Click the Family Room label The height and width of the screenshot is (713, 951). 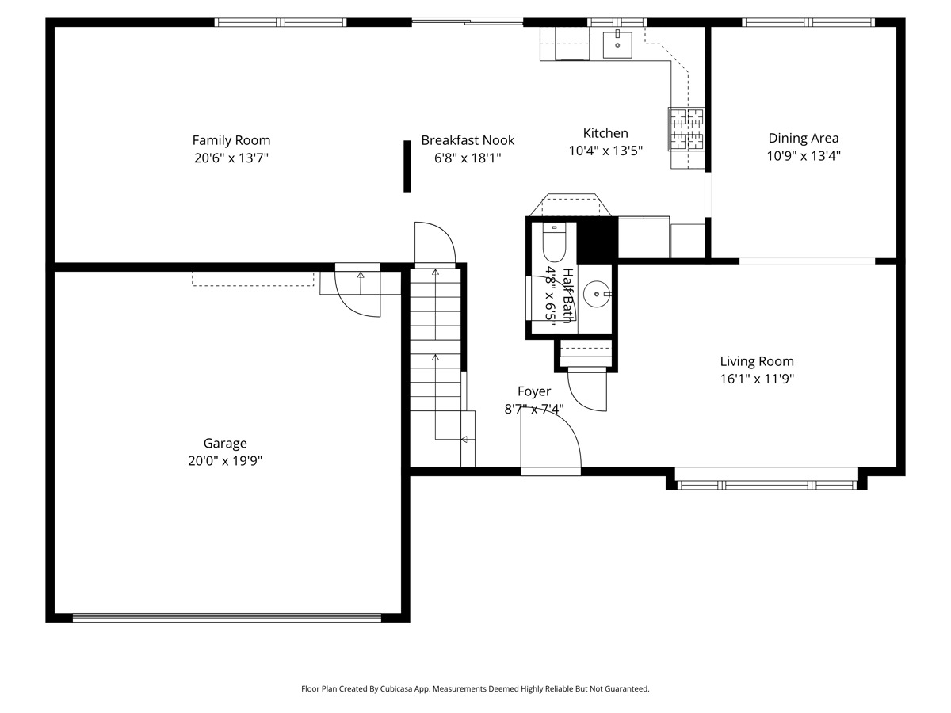231,140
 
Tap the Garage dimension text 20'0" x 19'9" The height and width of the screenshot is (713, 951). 225,460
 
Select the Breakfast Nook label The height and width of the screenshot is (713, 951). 468,140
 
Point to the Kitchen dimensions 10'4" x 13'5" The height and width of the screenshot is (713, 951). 605,151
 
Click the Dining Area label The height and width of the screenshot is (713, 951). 804,138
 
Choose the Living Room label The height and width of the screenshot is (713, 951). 757,361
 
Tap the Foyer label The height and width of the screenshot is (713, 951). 534,391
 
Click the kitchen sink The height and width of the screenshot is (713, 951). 617,44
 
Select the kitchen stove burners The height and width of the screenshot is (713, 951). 686,129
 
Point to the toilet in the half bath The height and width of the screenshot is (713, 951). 554,242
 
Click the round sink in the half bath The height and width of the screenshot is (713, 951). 597,294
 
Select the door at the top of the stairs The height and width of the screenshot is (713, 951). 435,242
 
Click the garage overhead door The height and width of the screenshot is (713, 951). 227,618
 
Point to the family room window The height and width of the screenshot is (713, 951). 281,22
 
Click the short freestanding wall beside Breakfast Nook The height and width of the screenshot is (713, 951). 407,166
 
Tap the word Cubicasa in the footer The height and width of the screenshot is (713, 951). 396,688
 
